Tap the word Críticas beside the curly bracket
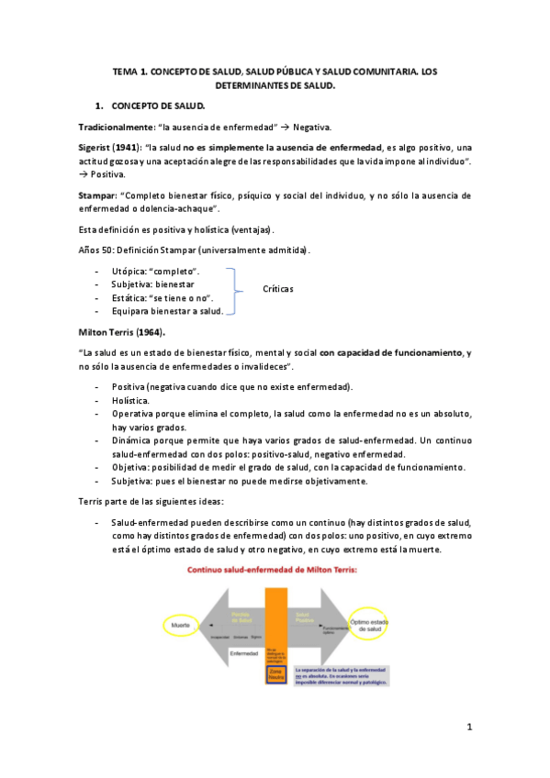pos(276,288)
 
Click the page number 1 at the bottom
pos(468,728)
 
